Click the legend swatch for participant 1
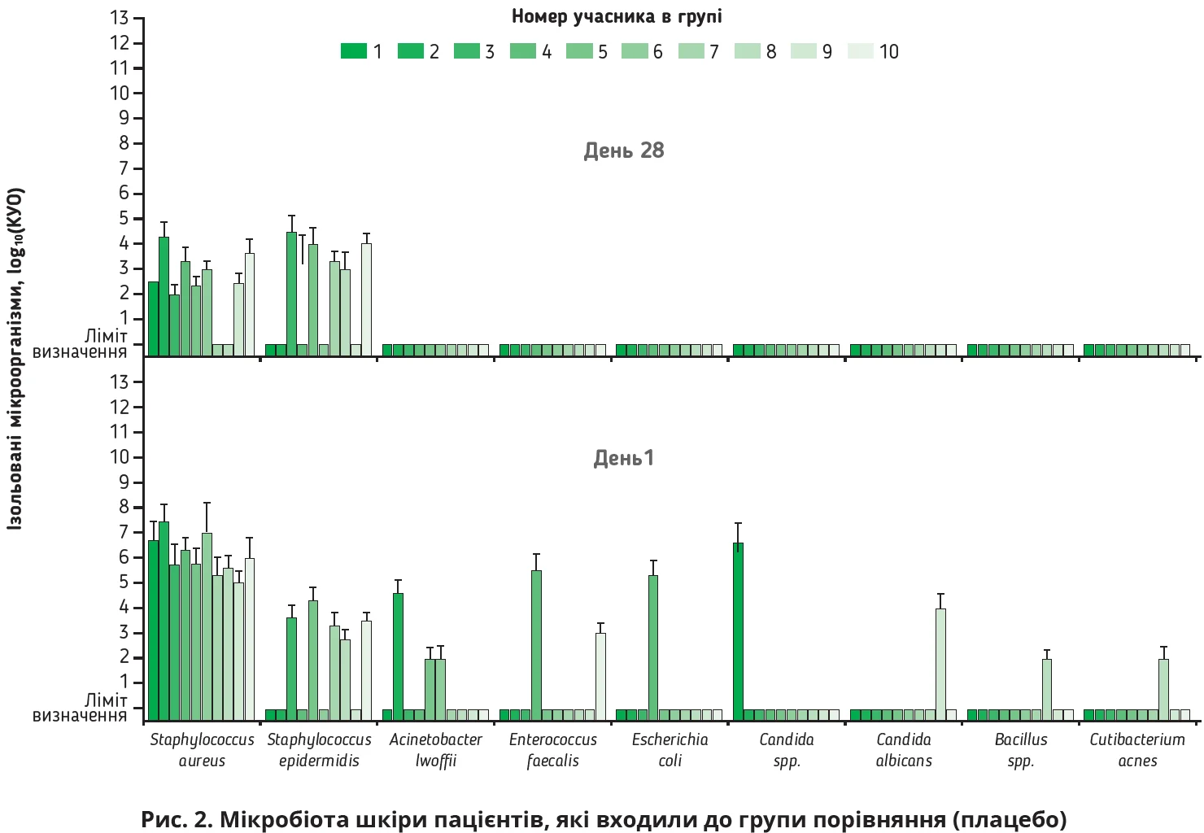[354, 51]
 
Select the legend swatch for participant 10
[860, 51]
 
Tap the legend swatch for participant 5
[579, 51]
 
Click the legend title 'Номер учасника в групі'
[617, 16]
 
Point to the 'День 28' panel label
[624, 150]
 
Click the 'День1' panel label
[624, 458]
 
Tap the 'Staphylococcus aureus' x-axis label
[202, 750]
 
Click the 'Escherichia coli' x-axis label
[670, 750]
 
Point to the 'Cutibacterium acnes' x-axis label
[1137, 750]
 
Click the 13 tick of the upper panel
[120, 18]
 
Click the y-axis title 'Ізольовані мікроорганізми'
[15, 358]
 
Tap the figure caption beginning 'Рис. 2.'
[603, 818]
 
